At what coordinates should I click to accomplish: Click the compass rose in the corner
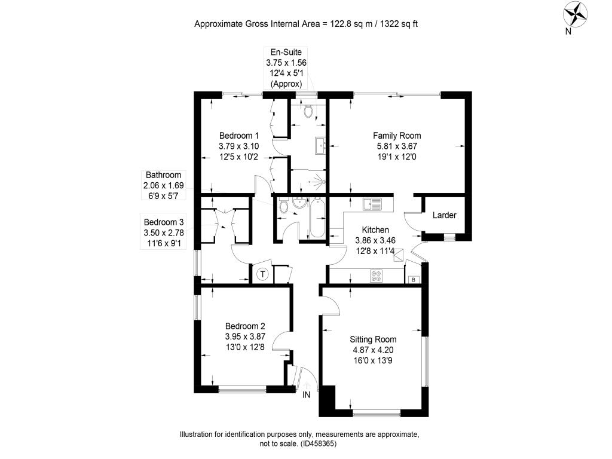pyautogui.click(x=574, y=14)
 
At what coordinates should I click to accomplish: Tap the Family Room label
pyautogui.click(x=397, y=136)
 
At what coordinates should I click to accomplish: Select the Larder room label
pyautogui.click(x=444, y=215)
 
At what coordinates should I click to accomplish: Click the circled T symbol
pyautogui.click(x=263, y=274)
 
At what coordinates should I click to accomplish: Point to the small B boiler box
pyautogui.click(x=414, y=280)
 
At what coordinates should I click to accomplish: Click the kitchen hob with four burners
pyautogui.click(x=377, y=276)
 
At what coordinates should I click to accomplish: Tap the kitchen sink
pyautogui.click(x=372, y=204)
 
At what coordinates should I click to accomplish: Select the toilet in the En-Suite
pyautogui.click(x=308, y=110)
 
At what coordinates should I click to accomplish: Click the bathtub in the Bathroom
pyautogui.click(x=317, y=218)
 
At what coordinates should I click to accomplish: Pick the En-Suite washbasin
pyautogui.click(x=320, y=146)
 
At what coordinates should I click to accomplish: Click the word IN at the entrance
pyautogui.click(x=307, y=394)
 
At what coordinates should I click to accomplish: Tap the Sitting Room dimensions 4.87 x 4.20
pyautogui.click(x=373, y=350)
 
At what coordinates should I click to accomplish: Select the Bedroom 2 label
pyautogui.click(x=245, y=326)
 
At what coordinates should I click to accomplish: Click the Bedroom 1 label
pyautogui.click(x=239, y=136)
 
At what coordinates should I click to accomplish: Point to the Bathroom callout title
pyautogui.click(x=164, y=175)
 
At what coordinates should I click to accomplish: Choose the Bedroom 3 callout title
pyautogui.click(x=164, y=222)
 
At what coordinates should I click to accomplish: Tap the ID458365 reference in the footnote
pyautogui.click(x=318, y=444)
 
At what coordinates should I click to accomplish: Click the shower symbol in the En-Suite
pyautogui.click(x=318, y=181)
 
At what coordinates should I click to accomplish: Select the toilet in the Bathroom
pyautogui.click(x=284, y=206)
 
